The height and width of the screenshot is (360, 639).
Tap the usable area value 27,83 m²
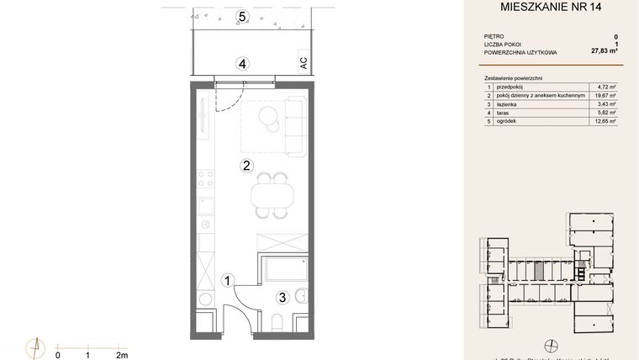click(605, 51)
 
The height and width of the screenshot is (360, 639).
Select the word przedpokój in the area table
click(512, 87)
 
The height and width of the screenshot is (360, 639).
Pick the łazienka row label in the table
click(508, 104)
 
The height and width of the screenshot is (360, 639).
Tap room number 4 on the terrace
click(242, 63)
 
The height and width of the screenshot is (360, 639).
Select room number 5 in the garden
click(242, 16)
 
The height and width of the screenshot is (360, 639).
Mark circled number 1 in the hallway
click(227, 280)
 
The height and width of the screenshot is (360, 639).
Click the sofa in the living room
click(294, 126)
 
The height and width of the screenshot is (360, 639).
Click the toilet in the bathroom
click(279, 320)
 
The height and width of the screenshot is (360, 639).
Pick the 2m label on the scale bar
click(122, 355)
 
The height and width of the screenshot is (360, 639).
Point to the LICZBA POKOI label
click(503, 44)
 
